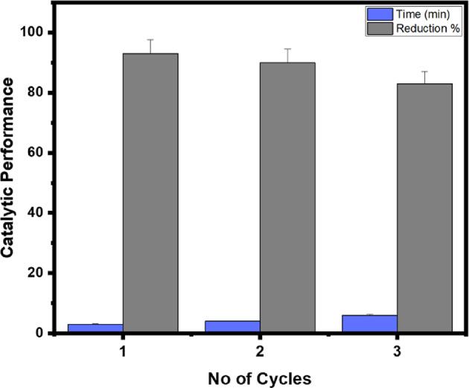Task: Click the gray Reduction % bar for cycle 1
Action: pyautogui.click(x=150, y=193)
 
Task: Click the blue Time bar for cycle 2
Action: pyautogui.click(x=232, y=326)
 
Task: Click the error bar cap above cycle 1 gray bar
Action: pyautogui.click(x=150, y=39)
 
